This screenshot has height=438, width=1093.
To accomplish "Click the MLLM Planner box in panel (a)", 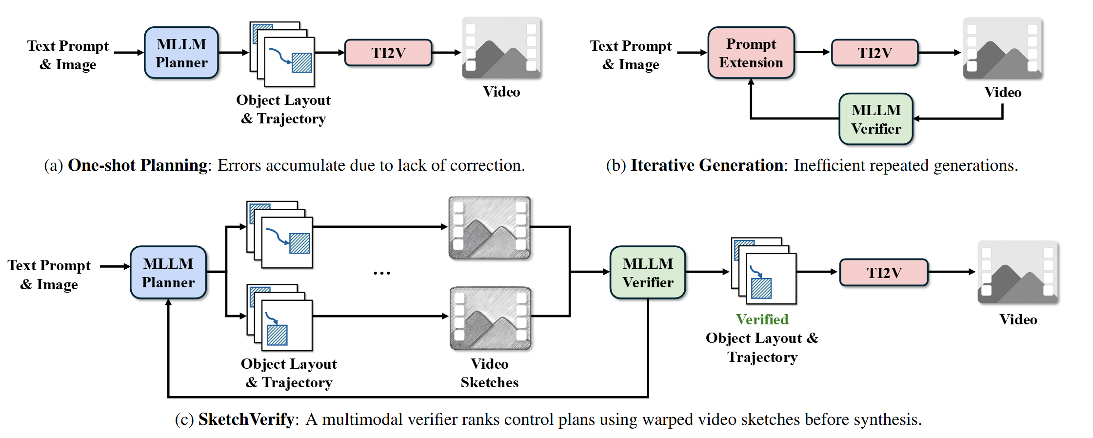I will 181,53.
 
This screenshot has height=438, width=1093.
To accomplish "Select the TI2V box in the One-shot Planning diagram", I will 388,53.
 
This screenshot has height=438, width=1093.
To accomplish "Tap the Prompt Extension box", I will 751,53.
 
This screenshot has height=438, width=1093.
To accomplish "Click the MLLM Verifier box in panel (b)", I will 876,119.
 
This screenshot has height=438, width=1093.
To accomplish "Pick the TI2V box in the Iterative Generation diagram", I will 874,53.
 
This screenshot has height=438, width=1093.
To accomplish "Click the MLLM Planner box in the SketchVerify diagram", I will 168,273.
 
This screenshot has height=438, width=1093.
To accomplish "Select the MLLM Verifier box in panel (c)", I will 648,273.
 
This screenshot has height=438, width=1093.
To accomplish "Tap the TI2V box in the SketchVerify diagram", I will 884,273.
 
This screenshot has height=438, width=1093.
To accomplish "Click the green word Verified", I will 762,319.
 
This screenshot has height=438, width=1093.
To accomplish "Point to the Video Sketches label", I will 489,373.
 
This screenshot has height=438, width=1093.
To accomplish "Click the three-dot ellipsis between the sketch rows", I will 381,273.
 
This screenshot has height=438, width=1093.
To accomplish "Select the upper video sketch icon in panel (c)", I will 489,228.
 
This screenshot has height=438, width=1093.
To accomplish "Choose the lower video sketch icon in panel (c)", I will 490,318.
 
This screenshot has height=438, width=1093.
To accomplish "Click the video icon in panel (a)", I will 501,48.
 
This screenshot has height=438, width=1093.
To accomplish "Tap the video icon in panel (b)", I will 1002,48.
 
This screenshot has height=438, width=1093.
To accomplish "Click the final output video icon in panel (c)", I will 1017,272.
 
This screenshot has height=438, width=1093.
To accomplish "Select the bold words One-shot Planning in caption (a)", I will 138,165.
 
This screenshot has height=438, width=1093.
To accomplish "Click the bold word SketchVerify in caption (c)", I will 246,419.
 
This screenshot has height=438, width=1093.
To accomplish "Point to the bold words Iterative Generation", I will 707,165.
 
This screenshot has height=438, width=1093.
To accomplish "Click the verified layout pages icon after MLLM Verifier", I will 764,271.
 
